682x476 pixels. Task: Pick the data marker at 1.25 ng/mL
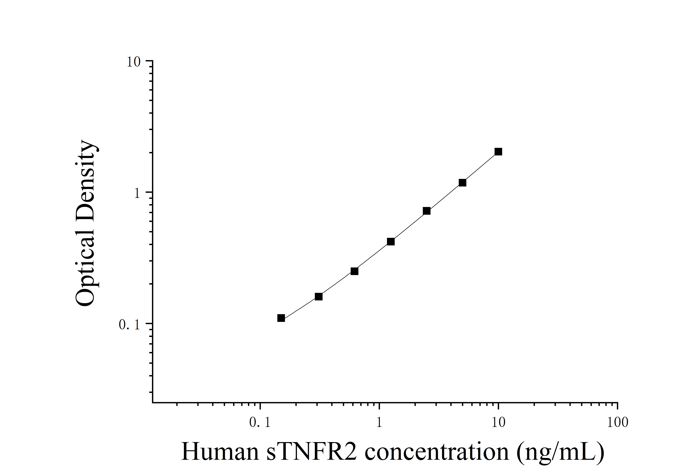391,242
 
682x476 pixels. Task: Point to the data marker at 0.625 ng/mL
354,271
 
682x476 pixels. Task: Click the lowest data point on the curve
281,318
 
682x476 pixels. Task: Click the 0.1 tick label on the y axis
130,325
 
